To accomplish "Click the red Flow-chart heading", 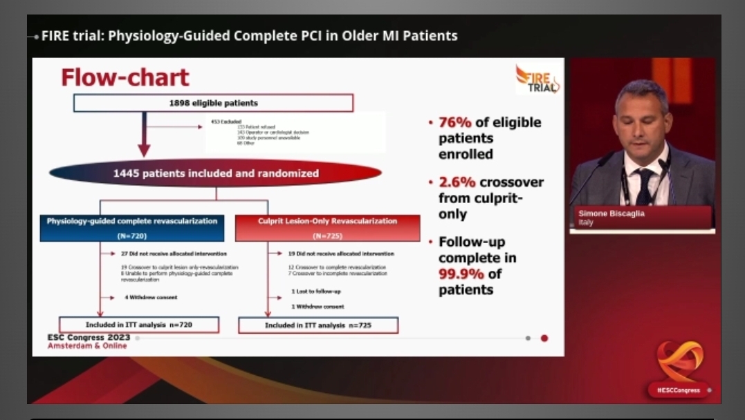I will pos(125,77).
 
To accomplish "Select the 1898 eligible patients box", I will pos(213,103).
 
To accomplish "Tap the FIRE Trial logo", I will pos(538,79).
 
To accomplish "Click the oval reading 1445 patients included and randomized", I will pos(216,173).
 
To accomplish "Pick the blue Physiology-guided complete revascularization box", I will pos(131,227).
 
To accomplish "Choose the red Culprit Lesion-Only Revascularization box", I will pos(327,227).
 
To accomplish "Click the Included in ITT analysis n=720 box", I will pos(139,324).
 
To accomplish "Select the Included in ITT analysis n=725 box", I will pos(318,325).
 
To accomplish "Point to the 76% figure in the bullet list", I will pos(455,122).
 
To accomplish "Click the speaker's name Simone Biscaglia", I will pos(610,214).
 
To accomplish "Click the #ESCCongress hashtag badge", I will pos(677,390).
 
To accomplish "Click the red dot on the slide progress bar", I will pos(544,338).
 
